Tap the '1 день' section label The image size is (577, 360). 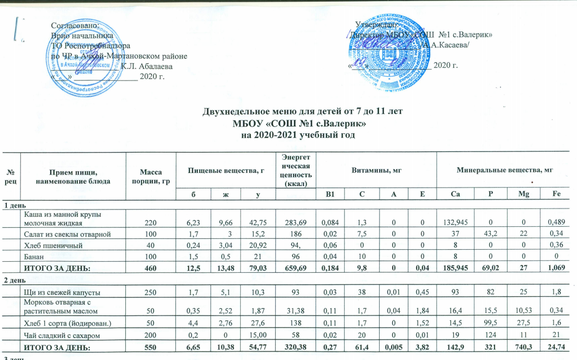pyautogui.click(x=11, y=205)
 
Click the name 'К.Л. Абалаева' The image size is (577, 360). pyautogui.click(x=147, y=66)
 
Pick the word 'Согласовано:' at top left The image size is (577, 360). pyautogui.click(x=75, y=26)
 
